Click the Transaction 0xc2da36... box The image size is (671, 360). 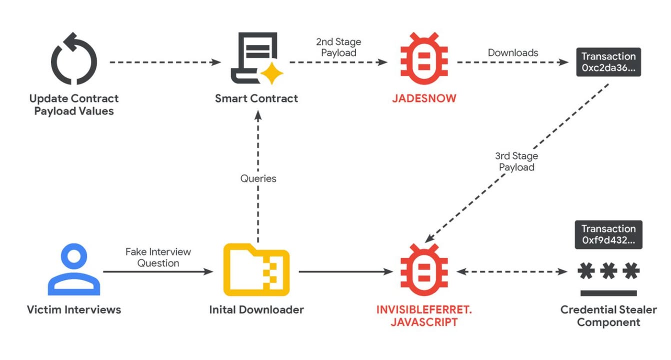click(x=608, y=62)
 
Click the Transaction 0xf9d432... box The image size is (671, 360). click(x=608, y=234)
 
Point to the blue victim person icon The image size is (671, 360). click(x=73, y=270)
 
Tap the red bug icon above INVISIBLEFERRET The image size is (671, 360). click(x=424, y=270)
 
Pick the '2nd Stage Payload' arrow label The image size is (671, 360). click(x=338, y=47)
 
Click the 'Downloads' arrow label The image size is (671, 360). click(x=513, y=52)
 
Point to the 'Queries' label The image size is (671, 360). click(x=258, y=178)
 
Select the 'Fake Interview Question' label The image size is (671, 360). click(x=158, y=257)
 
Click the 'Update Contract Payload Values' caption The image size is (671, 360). click(x=74, y=104)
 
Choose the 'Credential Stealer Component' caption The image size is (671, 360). click(x=608, y=316)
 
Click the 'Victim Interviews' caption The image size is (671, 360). click(x=74, y=310)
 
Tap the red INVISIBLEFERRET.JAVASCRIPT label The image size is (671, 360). click(x=424, y=316)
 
